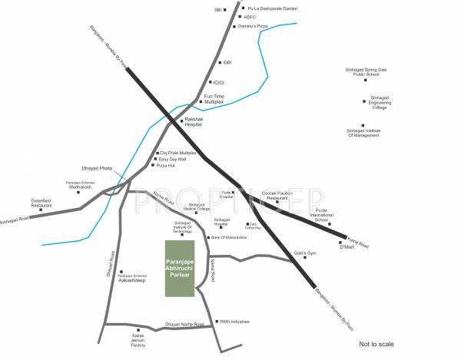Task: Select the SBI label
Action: pyautogui.click(x=218, y=9)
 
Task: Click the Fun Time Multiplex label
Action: pyautogui.click(x=214, y=98)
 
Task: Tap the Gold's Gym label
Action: pyautogui.click(x=305, y=253)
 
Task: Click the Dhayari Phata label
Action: pyautogui.click(x=97, y=167)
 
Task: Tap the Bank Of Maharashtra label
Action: pyautogui.click(x=228, y=238)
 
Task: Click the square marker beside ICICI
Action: pyautogui.click(x=210, y=82)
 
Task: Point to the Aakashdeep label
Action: pyautogui.click(x=132, y=281)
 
